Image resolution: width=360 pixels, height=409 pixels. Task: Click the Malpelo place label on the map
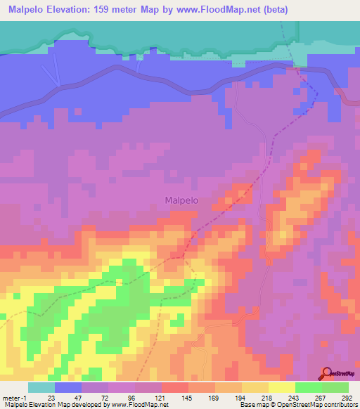[x=181, y=200]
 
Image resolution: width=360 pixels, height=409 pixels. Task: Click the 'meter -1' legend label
[x=14, y=398]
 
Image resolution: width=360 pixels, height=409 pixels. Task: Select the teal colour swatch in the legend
[x=41, y=387]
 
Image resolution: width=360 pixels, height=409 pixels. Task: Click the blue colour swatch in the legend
[x=68, y=387]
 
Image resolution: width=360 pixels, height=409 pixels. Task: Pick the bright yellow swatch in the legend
[x=281, y=387]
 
